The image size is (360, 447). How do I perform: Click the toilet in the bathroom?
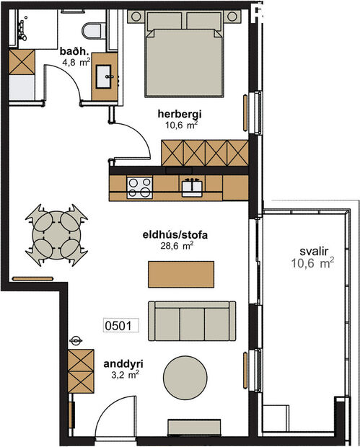(x=92, y=30)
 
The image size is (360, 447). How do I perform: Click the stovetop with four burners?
(x=139, y=187)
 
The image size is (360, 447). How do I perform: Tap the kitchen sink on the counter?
(x=191, y=187)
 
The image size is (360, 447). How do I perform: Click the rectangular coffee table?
(x=181, y=274)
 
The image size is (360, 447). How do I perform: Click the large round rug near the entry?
(x=186, y=376)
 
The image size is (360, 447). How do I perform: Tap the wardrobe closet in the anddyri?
(x=81, y=371)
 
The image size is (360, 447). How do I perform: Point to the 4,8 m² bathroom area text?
(x=74, y=62)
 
